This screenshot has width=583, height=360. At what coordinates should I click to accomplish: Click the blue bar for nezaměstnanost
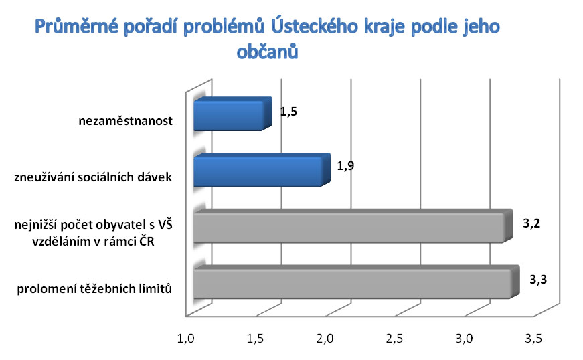(x=233, y=114)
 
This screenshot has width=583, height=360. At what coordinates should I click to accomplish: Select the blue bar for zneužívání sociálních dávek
(x=262, y=170)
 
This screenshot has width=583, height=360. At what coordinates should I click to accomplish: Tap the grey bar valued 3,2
(x=353, y=226)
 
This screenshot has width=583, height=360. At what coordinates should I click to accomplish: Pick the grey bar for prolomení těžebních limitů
(x=356, y=282)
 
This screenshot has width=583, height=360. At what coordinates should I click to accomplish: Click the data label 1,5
(x=288, y=112)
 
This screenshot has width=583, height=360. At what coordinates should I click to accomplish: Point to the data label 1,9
(x=345, y=166)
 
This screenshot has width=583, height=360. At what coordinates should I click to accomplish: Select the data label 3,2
(x=531, y=223)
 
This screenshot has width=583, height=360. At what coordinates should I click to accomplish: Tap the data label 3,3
(x=538, y=280)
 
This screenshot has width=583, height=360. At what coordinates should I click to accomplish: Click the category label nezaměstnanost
(x=126, y=121)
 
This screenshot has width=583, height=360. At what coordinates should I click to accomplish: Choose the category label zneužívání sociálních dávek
(x=93, y=177)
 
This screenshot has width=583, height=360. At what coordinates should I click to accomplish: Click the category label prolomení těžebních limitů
(x=94, y=288)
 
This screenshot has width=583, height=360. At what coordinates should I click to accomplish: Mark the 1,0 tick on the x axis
(x=185, y=339)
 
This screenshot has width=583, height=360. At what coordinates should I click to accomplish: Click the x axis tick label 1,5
(x=256, y=339)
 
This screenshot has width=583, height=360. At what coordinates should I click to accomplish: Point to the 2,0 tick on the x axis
(x=325, y=339)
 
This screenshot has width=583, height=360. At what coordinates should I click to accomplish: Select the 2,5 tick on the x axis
(x=394, y=339)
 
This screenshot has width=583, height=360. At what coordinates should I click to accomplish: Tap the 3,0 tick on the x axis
(x=464, y=339)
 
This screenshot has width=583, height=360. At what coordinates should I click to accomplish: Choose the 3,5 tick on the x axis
(x=533, y=339)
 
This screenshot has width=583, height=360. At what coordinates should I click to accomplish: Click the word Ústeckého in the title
(x=314, y=26)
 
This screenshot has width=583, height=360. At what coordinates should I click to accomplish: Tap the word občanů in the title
(x=267, y=52)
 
